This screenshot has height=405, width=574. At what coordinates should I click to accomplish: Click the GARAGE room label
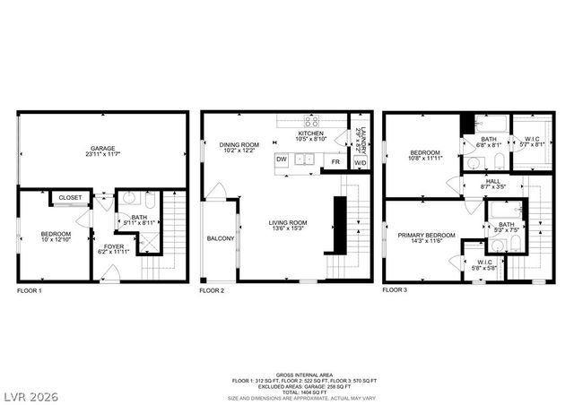[x=102, y=148]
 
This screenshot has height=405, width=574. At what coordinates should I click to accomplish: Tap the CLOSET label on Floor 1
[x=70, y=197]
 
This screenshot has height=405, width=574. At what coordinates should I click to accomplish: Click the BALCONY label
[x=221, y=238]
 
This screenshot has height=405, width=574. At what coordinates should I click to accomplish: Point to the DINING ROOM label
[x=239, y=144]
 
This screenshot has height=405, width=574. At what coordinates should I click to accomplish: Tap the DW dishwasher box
[x=282, y=159]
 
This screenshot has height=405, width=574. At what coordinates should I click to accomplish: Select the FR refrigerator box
[x=335, y=162]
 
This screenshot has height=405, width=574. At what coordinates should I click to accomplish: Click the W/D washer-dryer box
[x=360, y=162]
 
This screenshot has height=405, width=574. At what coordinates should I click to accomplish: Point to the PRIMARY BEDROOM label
[x=427, y=235]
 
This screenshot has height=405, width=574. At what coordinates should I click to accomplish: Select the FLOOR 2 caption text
[x=212, y=290]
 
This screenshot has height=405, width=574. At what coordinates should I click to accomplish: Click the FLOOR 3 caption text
[x=395, y=290]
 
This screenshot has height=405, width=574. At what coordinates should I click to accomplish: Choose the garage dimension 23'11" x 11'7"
[x=102, y=155]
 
